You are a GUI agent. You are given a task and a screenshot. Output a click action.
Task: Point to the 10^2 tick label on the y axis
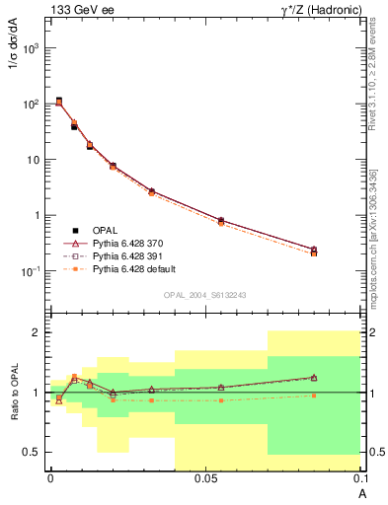(33, 104)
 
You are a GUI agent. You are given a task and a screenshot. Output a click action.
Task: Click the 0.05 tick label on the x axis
(205, 478)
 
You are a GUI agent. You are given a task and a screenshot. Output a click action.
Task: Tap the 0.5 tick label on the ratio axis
(35, 452)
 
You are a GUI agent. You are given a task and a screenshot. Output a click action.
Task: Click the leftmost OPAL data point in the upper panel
(59, 101)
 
